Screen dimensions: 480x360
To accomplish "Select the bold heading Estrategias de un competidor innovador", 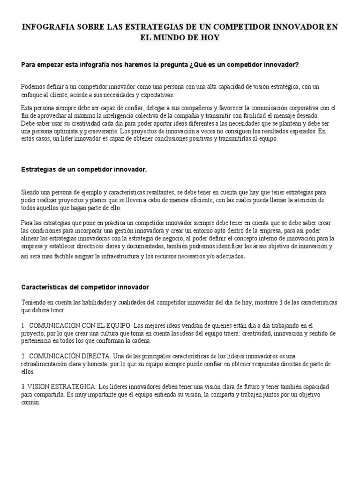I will coord(84,169).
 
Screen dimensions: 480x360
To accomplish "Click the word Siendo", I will coord(30,192).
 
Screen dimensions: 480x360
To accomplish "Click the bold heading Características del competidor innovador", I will coord(85,287).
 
